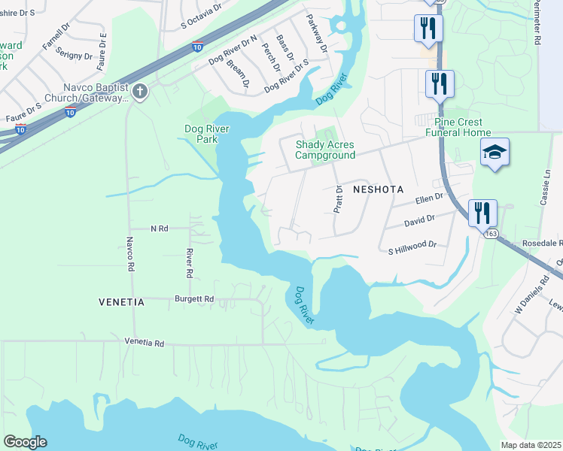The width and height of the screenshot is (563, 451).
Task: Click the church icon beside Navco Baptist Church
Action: coord(140,92)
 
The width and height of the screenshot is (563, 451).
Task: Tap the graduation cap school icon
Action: coord(495,153)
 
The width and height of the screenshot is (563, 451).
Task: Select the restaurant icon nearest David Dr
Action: coord(481,212)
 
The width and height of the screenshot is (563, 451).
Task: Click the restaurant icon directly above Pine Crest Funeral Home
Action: coord(438,82)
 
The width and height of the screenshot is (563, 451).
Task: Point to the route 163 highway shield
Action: coord(491,234)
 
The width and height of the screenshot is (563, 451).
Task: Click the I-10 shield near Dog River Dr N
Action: coord(197,46)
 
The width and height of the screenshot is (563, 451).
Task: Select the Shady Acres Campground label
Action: coord(324,150)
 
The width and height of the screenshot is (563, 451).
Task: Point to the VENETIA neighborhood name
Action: coord(121,302)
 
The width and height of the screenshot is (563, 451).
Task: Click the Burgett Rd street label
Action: coord(194,298)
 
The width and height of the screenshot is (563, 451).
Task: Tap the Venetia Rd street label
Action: coord(144,342)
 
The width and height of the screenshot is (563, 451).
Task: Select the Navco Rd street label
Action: coord(129,255)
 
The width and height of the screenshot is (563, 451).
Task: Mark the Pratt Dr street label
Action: coord(339,200)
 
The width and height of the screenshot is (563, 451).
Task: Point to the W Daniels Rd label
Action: coord(528,299)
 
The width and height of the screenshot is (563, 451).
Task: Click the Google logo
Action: coord(25,442)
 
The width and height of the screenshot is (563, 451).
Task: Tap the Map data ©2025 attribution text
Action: coord(530,445)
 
